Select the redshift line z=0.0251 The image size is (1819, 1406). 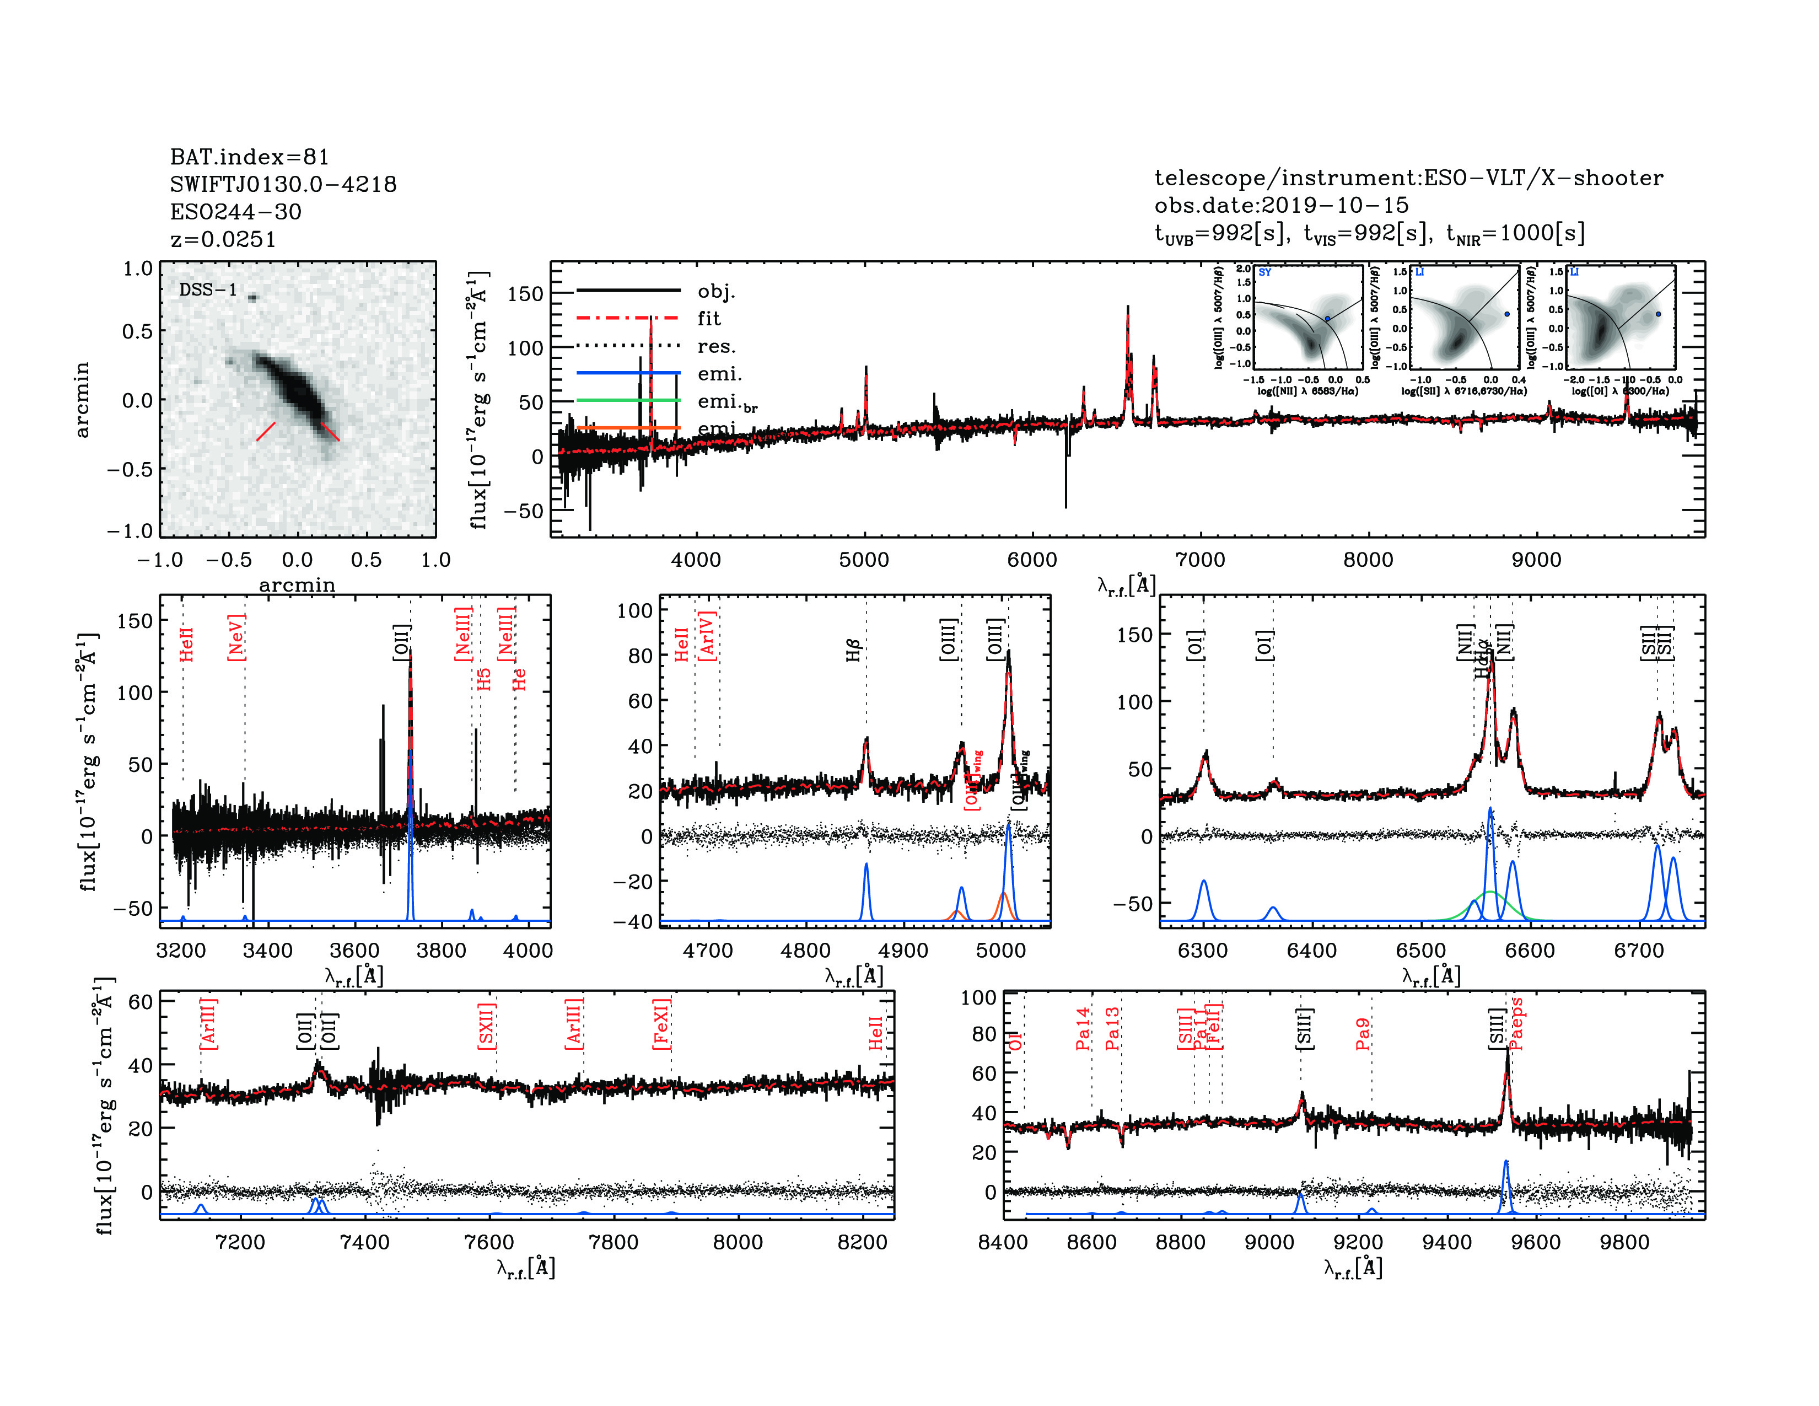point(222,240)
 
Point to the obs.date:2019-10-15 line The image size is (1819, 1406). point(1281,205)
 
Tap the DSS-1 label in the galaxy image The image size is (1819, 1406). point(208,290)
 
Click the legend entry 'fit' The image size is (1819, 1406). point(709,318)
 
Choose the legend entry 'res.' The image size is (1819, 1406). point(716,346)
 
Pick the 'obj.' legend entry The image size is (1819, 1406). point(716,291)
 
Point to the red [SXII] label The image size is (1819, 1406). point(486,1026)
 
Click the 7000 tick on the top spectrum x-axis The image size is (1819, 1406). point(1199,560)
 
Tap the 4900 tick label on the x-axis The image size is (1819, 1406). point(903,951)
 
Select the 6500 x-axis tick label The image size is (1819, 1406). point(1421,951)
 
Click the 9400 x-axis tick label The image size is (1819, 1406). point(1447,1242)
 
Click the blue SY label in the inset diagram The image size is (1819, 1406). point(1264,272)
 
